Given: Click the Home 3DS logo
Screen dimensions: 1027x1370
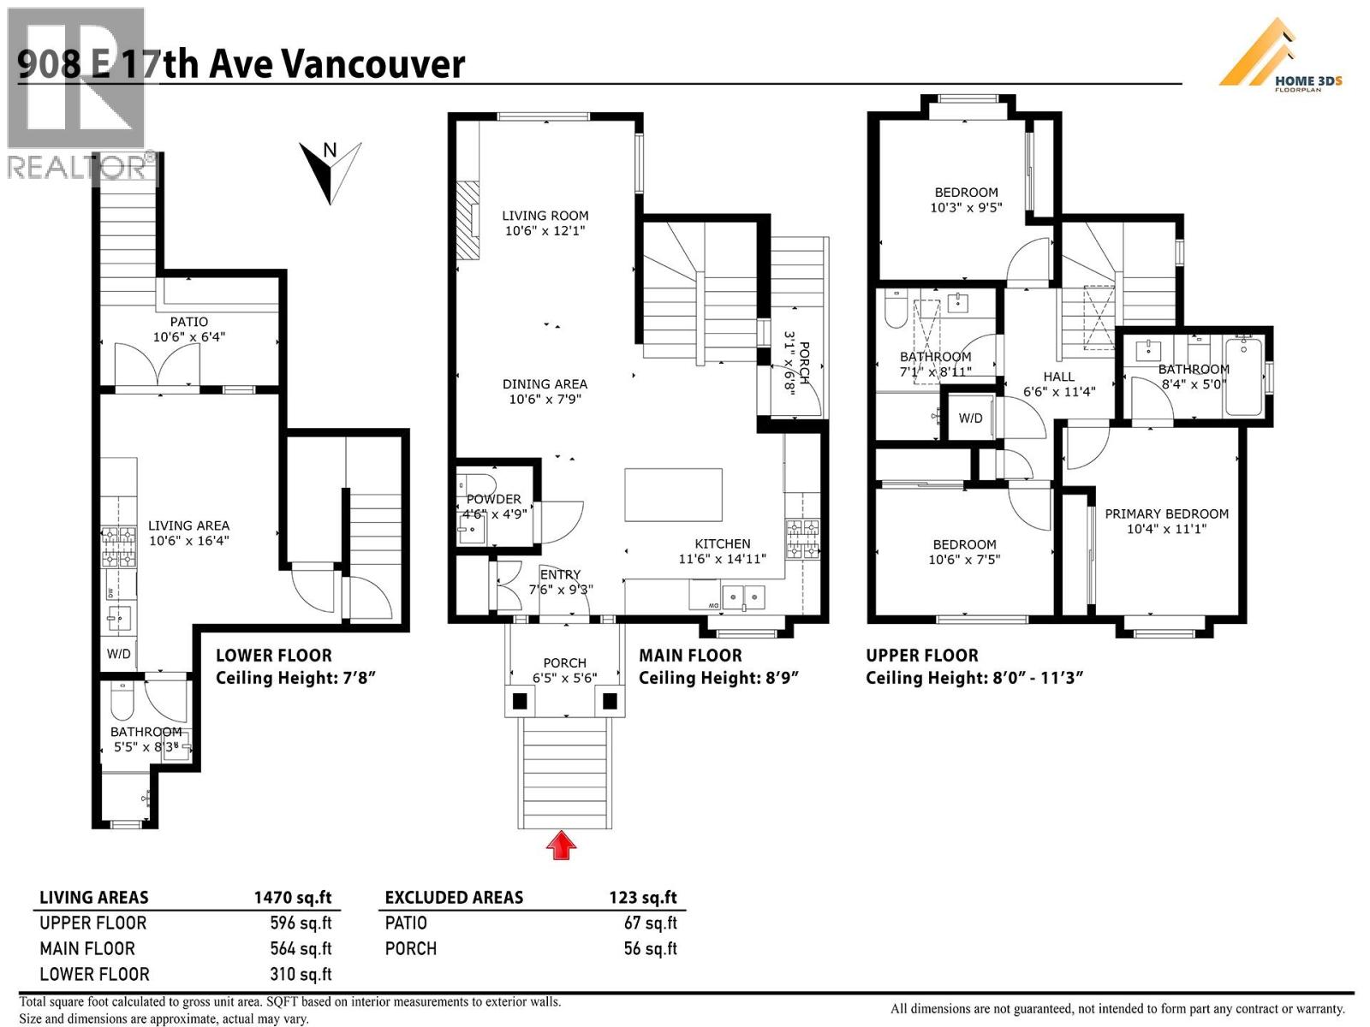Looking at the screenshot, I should pyautogui.click(x=1279, y=56).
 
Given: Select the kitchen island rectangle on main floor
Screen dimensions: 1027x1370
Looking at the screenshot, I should pyautogui.click(x=673, y=495).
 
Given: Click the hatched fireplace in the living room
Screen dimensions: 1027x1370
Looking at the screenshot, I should pyautogui.click(x=468, y=220).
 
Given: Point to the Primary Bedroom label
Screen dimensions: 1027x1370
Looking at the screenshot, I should pyautogui.click(x=1166, y=513).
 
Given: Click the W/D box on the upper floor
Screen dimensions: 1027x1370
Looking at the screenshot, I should pyautogui.click(x=970, y=418).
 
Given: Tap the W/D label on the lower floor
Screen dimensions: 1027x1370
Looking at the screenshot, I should pyautogui.click(x=118, y=654).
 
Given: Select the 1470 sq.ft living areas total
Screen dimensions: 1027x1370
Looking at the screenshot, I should pyautogui.click(x=292, y=897).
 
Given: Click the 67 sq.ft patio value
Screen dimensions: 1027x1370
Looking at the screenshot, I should pyautogui.click(x=650, y=923).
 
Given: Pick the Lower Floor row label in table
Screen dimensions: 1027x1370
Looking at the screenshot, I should pyautogui.click(x=94, y=974).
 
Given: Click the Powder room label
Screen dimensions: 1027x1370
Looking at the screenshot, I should pyautogui.click(x=493, y=499).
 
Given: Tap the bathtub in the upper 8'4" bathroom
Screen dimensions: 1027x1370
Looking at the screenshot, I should pyautogui.click(x=1242, y=377).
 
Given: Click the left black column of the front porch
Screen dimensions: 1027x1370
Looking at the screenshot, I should pyautogui.click(x=520, y=702).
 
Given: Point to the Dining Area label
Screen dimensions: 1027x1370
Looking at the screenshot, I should pyautogui.click(x=545, y=384).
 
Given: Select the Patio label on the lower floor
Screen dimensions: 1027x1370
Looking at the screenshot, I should pyautogui.click(x=188, y=322).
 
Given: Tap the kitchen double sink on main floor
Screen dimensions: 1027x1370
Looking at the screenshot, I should pyautogui.click(x=742, y=597).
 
